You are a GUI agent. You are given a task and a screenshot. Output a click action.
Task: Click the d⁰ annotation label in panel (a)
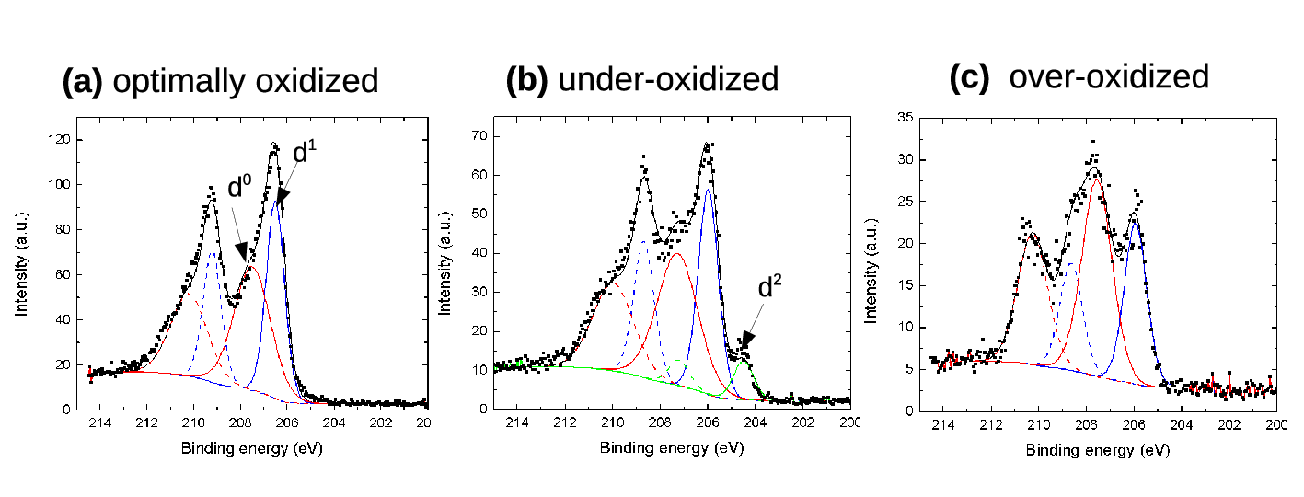pos(239,186)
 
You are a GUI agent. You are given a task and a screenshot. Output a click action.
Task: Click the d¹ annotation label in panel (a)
pos(305,151)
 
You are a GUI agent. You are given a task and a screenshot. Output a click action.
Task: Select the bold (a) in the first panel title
pos(82,81)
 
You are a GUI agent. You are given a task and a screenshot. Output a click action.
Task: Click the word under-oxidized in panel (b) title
pos(668,79)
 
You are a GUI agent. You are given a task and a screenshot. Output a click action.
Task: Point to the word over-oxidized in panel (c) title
pos(1109,76)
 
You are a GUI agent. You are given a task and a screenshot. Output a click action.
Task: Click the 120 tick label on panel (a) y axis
pos(59,139)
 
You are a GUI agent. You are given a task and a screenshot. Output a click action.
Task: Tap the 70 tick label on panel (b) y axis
pos(479,135)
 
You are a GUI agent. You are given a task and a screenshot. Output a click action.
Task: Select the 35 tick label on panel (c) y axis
pos(906,117)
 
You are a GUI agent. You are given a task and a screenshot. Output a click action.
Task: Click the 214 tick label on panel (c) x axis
pos(942,425)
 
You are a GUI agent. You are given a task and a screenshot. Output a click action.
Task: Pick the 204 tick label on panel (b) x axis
pos(755,422)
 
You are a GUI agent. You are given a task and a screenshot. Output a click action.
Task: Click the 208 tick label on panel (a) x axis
pos(240,422)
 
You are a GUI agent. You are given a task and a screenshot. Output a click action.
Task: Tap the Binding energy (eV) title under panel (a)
pos(251,448)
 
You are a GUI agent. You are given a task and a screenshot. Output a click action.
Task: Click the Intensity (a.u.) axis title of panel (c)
pos(871,272)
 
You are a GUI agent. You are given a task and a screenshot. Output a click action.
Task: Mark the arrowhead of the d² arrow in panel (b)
pos(747,341)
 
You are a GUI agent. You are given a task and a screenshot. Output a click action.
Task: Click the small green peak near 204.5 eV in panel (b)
pos(743,362)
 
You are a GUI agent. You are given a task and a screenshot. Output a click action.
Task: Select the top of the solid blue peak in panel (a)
pos(276,202)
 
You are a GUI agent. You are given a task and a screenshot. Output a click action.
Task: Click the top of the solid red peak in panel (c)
pos(1097,179)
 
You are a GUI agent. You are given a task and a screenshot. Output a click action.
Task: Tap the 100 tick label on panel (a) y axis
pos(59,184)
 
